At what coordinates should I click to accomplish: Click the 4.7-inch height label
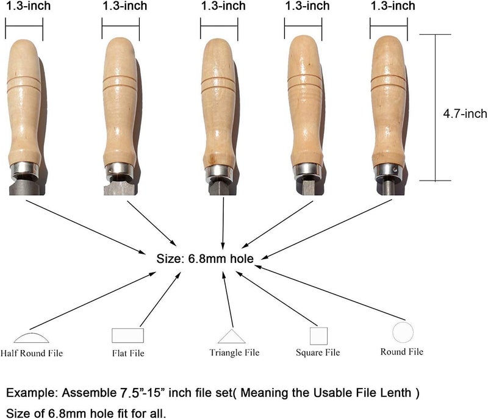[x=465, y=113]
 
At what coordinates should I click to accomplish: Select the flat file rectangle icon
[x=127, y=335]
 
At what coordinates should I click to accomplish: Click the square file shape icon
[x=318, y=336]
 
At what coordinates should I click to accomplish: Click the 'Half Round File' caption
[x=32, y=353]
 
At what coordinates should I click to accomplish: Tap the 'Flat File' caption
[x=128, y=353]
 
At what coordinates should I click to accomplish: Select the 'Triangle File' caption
[x=234, y=353]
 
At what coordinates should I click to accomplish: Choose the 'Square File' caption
[x=318, y=353]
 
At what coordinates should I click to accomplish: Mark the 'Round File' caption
[x=402, y=351]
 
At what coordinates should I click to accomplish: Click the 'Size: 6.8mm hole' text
[x=205, y=259]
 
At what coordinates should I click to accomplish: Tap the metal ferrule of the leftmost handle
[x=24, y=170]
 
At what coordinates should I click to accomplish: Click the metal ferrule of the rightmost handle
[x=389, y=173]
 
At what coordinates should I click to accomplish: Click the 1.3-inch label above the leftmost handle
[x=28, y=6]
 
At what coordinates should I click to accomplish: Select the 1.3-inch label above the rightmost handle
[x=393, y=6]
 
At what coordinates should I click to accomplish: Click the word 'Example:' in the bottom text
[x=32, y=393]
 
